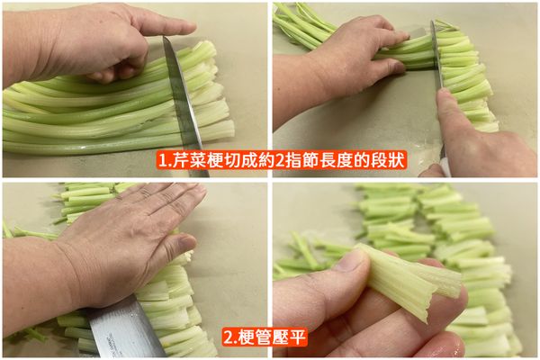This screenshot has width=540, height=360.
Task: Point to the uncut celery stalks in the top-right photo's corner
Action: [301, 22]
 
